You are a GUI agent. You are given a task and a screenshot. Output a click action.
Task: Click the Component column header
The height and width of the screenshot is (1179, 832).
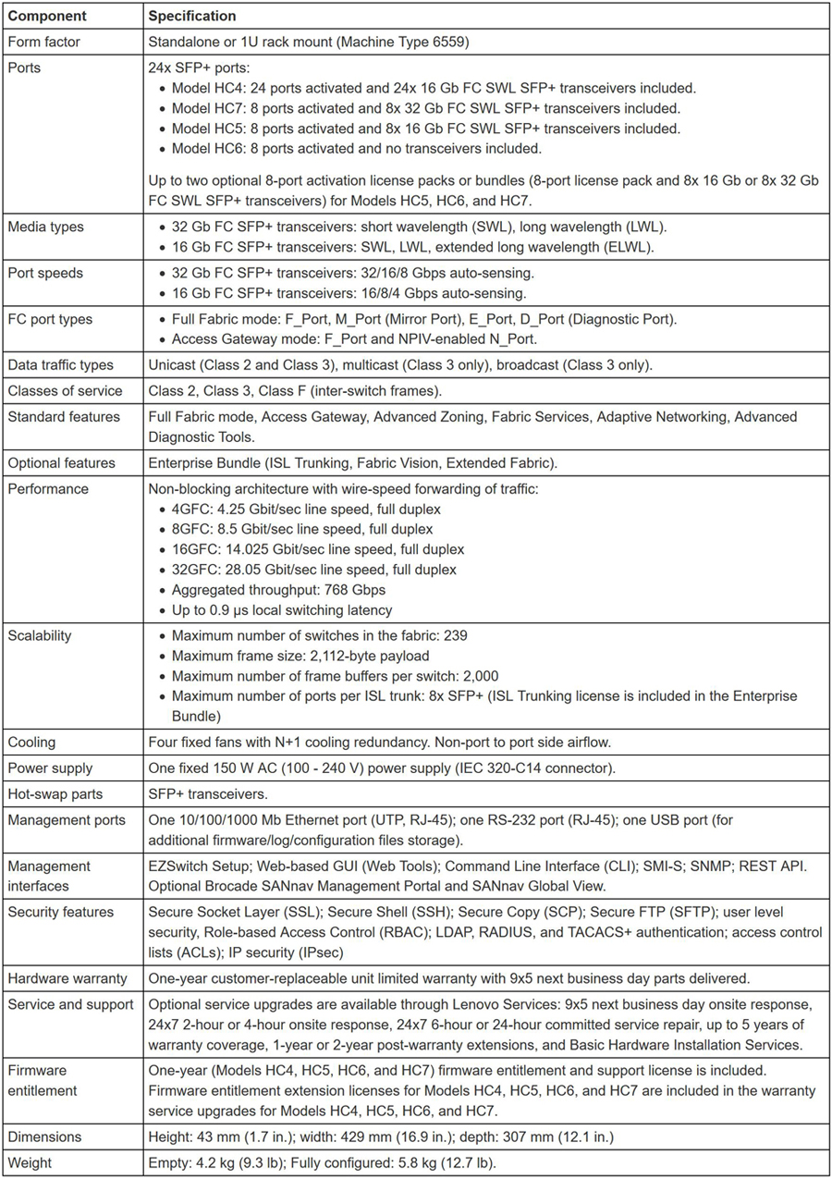pos(47,16)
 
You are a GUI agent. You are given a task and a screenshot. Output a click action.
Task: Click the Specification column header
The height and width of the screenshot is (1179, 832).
pos(191,16)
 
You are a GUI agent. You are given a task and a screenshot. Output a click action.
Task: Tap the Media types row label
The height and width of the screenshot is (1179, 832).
pos(44,227)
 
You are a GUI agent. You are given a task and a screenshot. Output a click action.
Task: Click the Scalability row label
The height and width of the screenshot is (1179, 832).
pos(40,636)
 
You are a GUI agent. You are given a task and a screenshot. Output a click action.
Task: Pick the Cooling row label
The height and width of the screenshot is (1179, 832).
pos(32,742)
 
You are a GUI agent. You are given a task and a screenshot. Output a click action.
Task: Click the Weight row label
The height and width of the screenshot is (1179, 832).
pos(31,1162)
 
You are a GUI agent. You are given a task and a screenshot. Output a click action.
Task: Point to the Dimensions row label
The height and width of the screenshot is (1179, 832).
pos(44,1136)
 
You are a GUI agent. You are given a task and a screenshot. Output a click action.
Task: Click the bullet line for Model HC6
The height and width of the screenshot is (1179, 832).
pos(357,148)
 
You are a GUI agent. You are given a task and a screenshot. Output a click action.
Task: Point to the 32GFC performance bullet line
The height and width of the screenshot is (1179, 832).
pos(313,570)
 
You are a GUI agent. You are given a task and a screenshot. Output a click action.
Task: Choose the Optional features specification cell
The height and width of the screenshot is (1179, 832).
pos(357,462)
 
